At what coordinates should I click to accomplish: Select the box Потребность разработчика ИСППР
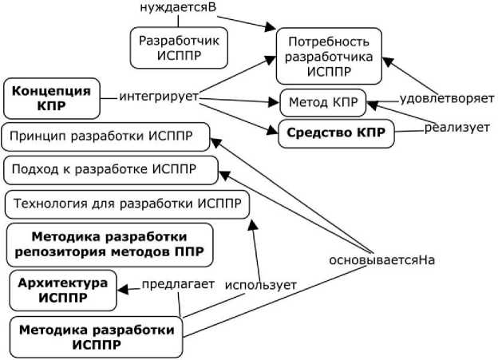click(x=329, y=55)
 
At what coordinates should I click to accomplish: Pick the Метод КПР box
click(x=322, y=102)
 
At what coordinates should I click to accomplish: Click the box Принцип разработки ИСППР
click(x=108, y=136)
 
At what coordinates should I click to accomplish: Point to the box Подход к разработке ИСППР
click(x=111, y=170)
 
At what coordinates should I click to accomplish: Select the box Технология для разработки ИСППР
click(x=127, y=204)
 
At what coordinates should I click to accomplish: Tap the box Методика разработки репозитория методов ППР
click(x=110, y=245)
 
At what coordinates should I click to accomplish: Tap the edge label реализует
click(x=456, y=127)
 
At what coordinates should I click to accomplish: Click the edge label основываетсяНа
click(x=375, y=260)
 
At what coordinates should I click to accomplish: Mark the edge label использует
click(x=260, y=285)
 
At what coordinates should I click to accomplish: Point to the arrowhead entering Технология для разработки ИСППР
click(x=252, y=224)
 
